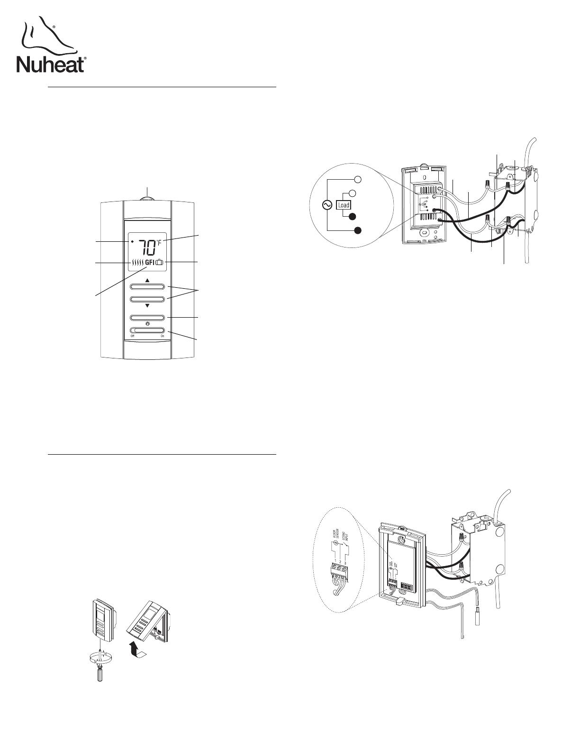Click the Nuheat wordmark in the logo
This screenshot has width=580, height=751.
[x=51, y=65]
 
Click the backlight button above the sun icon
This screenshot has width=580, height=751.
[x=147, y=317]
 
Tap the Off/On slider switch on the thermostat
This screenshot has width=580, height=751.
[x=147, y=330]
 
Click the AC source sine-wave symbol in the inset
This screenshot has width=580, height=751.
[x=327, y=205]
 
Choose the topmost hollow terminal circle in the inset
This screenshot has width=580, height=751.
[x=359, y=180]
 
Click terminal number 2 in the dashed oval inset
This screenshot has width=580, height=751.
[x=340, y=562]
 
